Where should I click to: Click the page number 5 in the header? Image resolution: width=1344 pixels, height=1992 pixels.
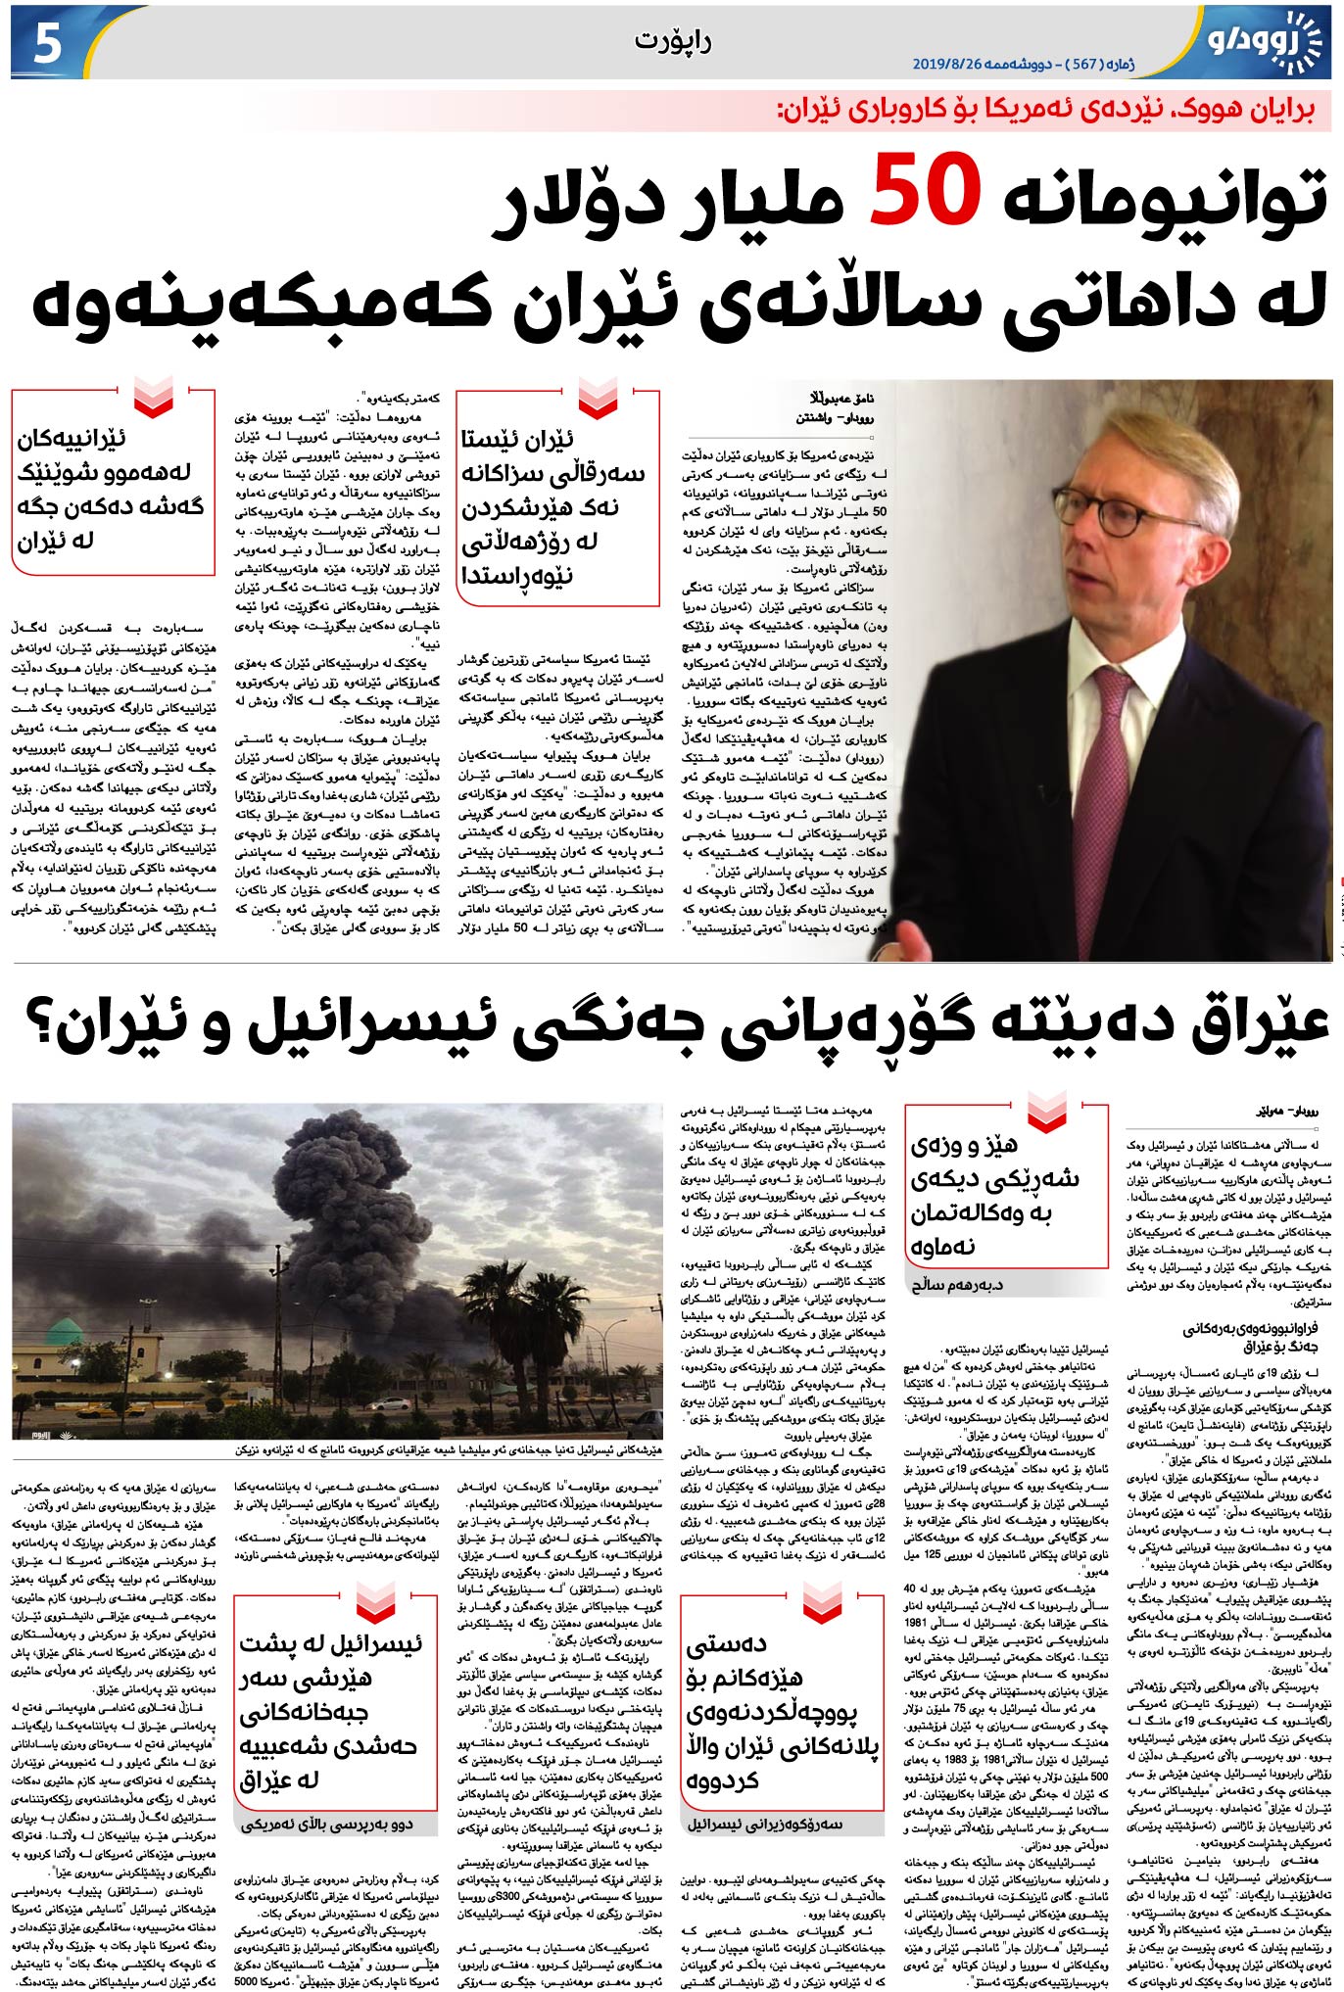[47, 44]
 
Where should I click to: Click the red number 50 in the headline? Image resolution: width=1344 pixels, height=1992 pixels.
[925, 190]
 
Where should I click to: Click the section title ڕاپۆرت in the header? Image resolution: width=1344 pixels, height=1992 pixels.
[672, 41]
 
